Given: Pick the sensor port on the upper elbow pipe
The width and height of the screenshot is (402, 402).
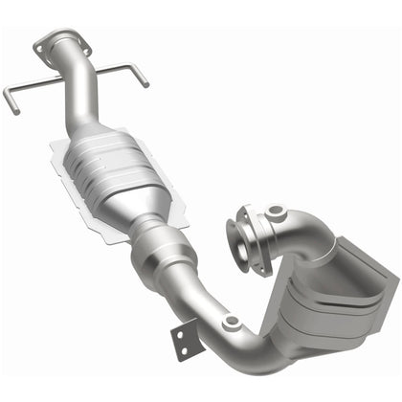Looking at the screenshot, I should point(276,211).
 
